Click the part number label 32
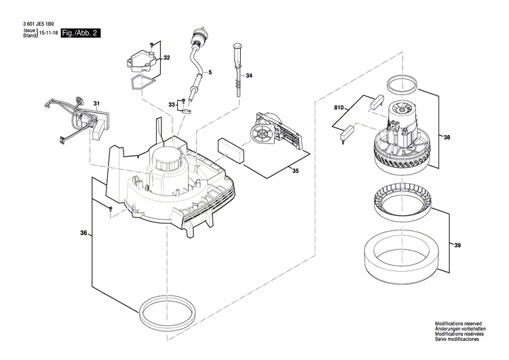[166, 57]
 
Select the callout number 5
[210, 71]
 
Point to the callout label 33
[172, 104]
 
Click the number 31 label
[96, 104]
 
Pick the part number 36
[83, 234]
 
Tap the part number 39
[457, 245]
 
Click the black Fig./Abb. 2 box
[79, 33]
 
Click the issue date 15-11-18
[48, 33]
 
